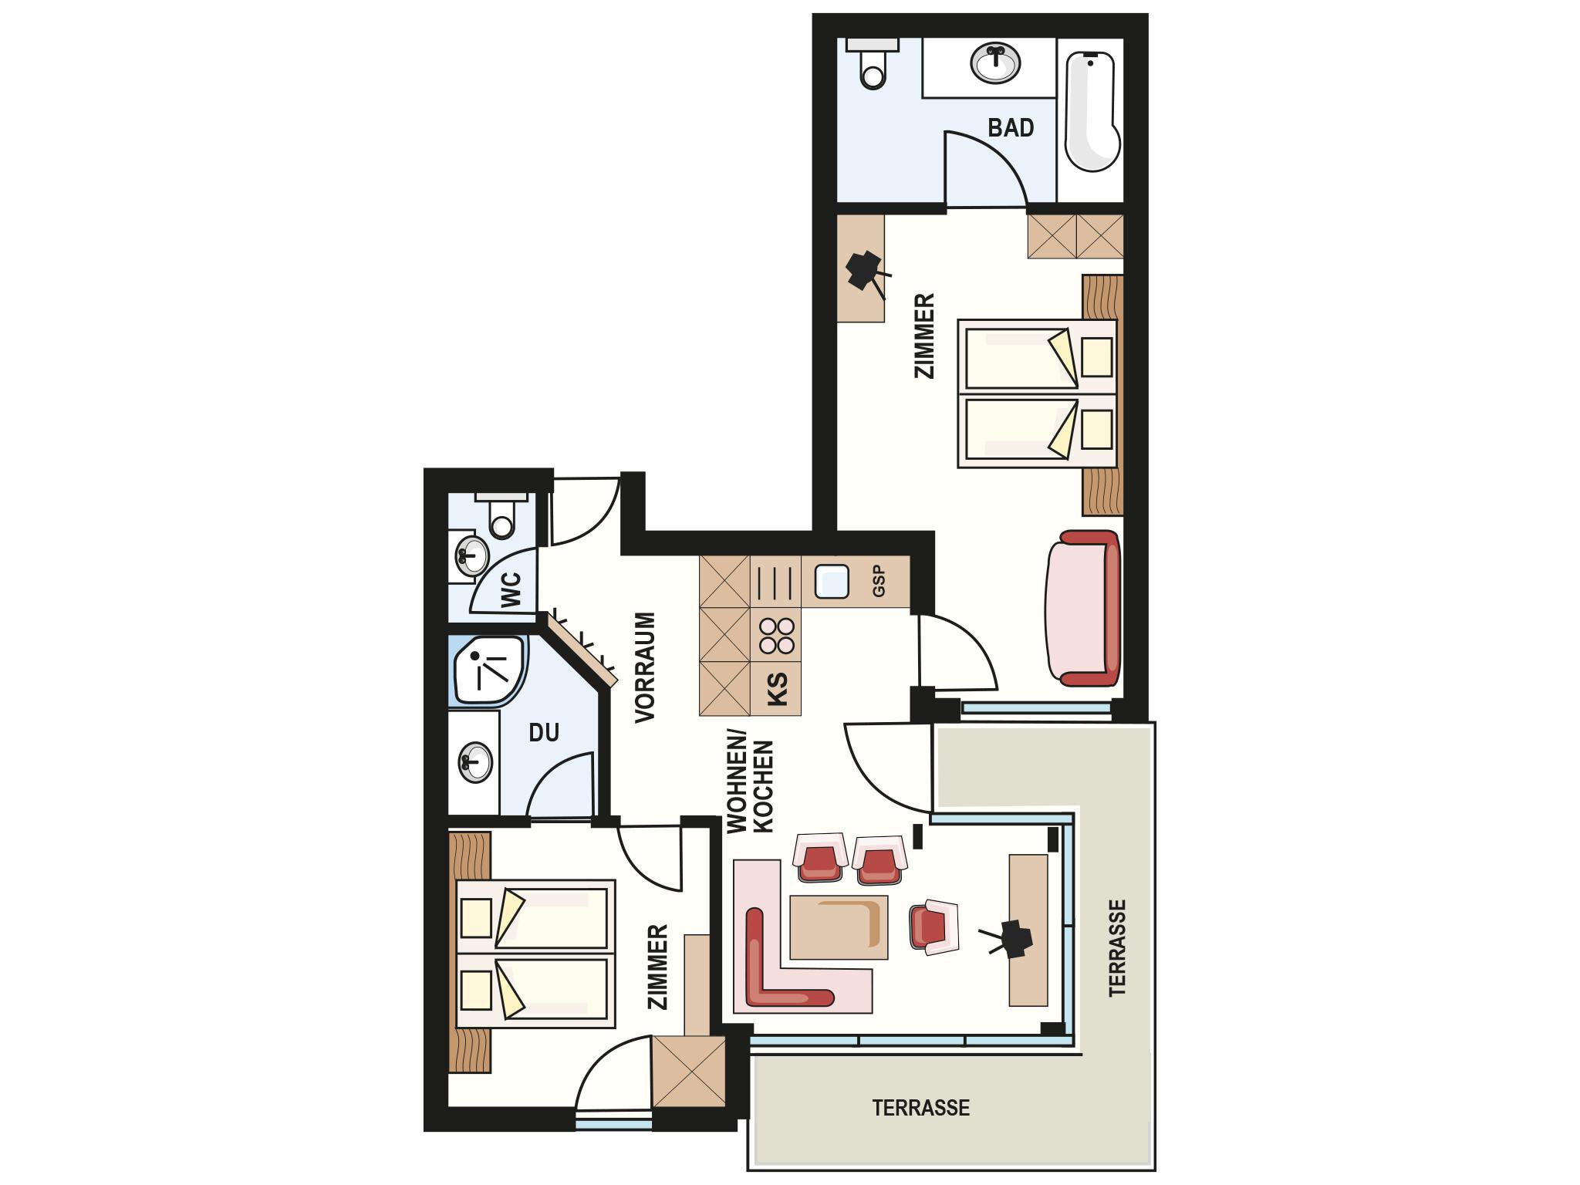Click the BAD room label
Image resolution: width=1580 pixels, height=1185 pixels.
1011,127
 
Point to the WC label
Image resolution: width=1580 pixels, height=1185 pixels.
511,589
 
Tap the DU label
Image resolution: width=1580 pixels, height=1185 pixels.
544,732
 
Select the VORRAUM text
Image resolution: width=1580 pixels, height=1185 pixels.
645,667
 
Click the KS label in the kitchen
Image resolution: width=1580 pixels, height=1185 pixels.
778,689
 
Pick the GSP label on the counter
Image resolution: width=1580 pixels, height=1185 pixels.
879,581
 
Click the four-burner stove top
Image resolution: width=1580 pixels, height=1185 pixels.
776,636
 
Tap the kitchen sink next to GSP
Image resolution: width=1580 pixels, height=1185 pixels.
831,581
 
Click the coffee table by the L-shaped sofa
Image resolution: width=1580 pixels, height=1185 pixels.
839,927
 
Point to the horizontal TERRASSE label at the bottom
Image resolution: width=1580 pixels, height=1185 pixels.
921,1109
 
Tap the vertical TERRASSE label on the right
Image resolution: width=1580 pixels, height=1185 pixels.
1117,947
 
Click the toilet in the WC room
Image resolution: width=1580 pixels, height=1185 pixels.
501,514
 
